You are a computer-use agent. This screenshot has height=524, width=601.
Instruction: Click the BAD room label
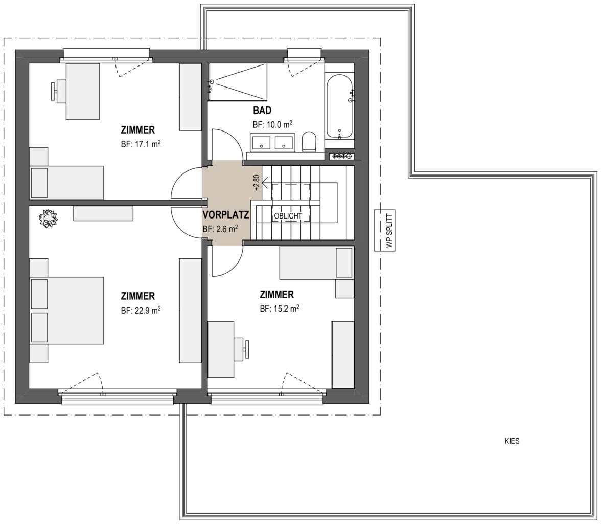pyautogui.click(x=262, y=111)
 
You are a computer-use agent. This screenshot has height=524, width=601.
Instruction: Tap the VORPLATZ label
pyautogui.click(x=226, y=215)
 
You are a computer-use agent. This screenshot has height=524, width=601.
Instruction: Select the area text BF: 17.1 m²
pyautogui.click(x=141, y=144)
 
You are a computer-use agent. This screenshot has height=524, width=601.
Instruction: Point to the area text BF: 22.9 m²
pyautogui.click(x=141, y=310)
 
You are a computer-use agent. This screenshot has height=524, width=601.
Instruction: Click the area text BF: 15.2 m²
pyautogui.click(x=280, y=308)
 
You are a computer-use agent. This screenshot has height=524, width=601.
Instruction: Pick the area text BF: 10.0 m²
pyautogui.click(x=272, y=124)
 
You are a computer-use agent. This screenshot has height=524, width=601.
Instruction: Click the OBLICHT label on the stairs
pyautogui.click(x=288, y=216)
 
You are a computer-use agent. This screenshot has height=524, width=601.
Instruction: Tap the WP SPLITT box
pyautogui.click(x=385, y=231)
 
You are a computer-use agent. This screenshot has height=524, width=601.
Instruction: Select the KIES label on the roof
pyautogui.click(x=512, y=441)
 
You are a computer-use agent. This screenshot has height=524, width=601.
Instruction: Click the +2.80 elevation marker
pyautogui.click(x=257, y=183)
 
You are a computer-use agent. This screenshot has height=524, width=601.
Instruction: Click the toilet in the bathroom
pyautogui.click(x=309, y=142)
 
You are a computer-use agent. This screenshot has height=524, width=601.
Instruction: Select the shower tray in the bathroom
pyautogui.click(x=237, y=82)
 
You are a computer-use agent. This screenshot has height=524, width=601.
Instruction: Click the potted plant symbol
pyautogui.click(x=48, y=219)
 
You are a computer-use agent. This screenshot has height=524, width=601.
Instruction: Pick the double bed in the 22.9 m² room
pyautogui.click(x=66, y=310)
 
